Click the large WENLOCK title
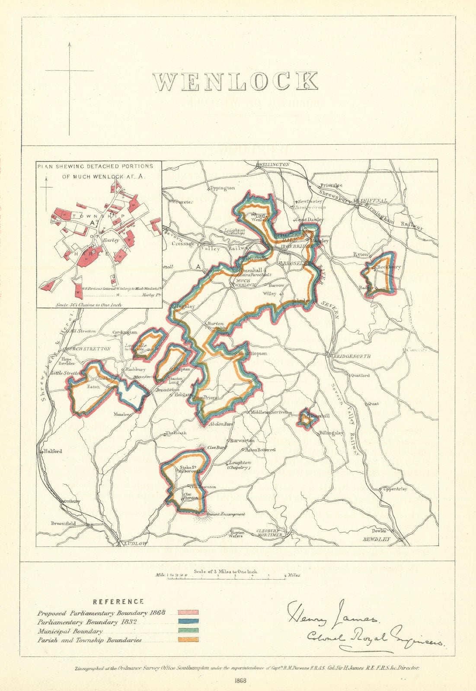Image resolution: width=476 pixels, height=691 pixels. pyautogui.click(x=236, y=81)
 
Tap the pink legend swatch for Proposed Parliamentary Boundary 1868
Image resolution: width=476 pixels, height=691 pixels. pyautogui.click(x=188, y=613)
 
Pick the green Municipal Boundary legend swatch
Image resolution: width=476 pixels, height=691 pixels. pyautogui.click(x=188, y=631)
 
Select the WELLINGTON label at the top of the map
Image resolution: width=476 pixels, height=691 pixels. pyautogui.click(x=273, y=165)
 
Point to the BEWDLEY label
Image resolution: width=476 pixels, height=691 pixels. pyautogui.click(x=376, y=539)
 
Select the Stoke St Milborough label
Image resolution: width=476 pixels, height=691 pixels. pyautogui.click(x=189, y=469)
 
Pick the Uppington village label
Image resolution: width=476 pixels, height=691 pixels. pyautogui.click(x=222, y=188)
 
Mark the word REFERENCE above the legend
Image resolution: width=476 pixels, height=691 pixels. pyautogui.click(x=118, y=602)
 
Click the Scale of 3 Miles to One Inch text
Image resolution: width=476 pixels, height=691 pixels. pyautogui.click(x=226, y=571)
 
